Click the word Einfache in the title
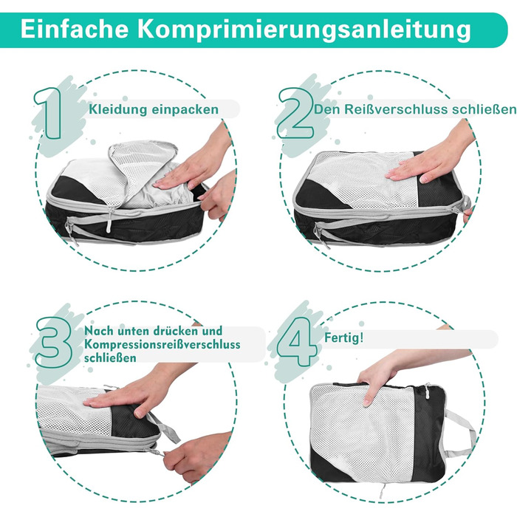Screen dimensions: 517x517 [75, 29]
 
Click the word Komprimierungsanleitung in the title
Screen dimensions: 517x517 [304, 30]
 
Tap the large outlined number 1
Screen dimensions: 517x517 [49, 113]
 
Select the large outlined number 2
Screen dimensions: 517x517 [295, 113]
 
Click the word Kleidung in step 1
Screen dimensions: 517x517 [117, 109]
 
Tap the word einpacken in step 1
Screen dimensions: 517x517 [185, 110]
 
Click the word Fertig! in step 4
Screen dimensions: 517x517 [344, 338]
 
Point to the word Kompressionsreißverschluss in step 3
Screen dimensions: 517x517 [162, 345]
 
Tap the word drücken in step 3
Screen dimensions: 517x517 [174, 331]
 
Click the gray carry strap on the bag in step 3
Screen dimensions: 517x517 [165, 426]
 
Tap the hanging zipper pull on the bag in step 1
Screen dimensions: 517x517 [109, 220]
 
